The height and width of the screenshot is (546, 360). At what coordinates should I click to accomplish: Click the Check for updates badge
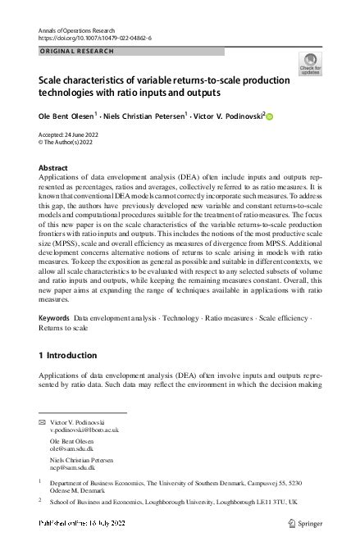311,64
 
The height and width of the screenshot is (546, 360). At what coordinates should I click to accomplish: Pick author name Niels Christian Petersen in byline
145,116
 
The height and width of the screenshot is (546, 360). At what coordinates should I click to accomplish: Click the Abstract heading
54,166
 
